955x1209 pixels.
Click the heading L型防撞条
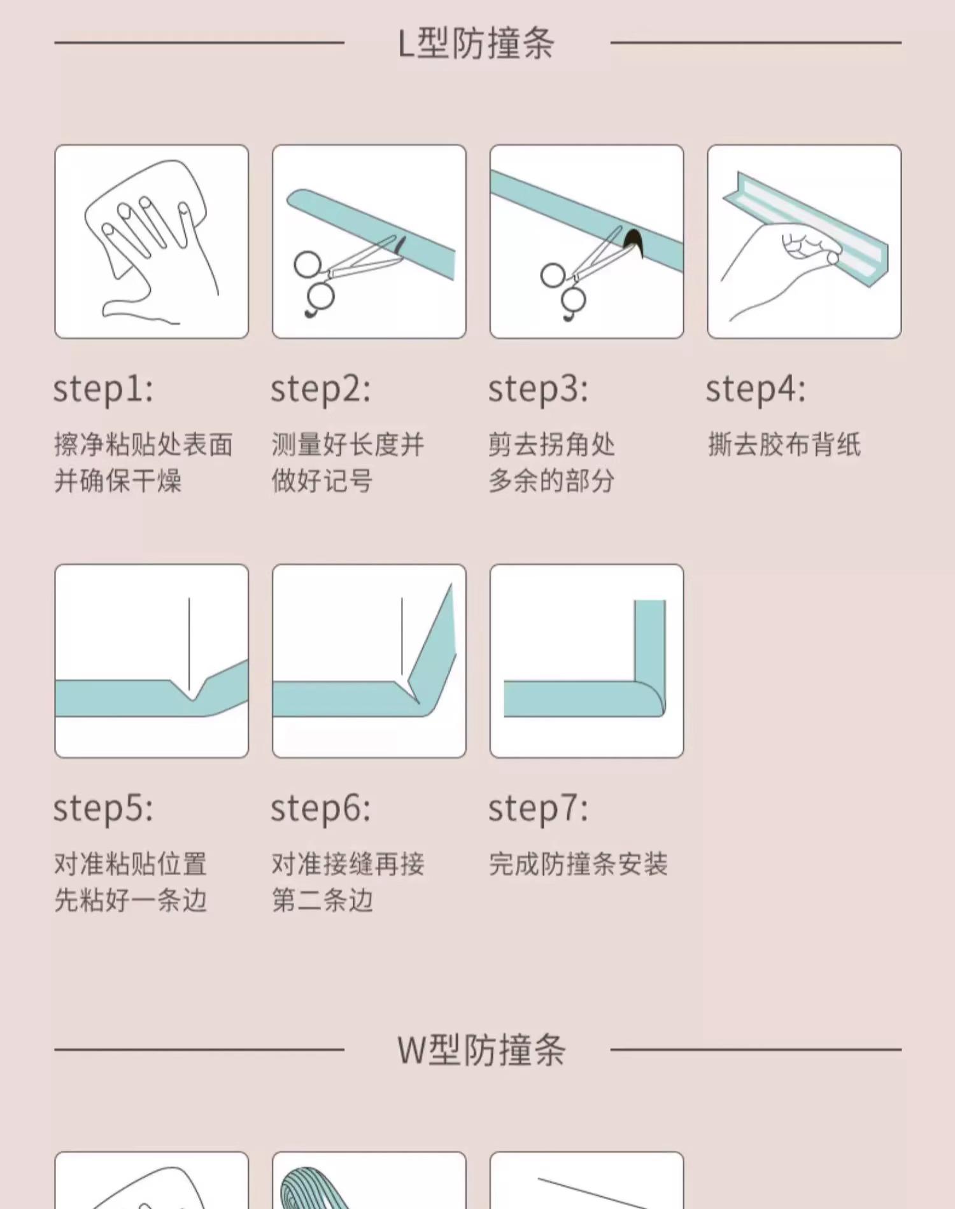[476, 43]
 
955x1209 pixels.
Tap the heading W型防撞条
[481, 1050]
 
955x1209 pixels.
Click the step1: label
[103, 389]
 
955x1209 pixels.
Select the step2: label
[321, 389]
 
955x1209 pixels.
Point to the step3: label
[539, 389]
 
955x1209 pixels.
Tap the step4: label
[756, 389]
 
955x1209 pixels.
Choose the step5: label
[103, 809]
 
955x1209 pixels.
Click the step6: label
[321, 809]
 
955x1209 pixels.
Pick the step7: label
[539, 809]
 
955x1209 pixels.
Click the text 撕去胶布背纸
[784, 444]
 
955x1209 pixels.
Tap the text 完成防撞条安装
[579, 864]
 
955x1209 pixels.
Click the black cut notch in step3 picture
[634, 243]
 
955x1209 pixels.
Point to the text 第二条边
[322, 900]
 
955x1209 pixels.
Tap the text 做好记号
[322, 481]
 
